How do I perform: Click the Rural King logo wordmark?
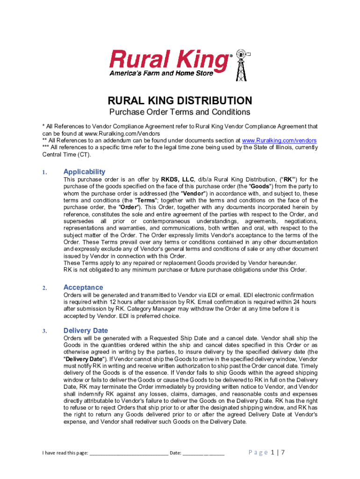click(169, 60)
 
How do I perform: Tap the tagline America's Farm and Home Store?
click(161, 73)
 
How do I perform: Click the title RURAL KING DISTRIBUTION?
click(180, 101)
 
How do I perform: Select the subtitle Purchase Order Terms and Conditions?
click(180, 112)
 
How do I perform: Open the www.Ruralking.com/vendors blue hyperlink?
click(279, 140)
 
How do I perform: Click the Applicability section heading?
click(84, 172)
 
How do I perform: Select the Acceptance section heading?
click(83, 287)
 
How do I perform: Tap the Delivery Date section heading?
click(86, 330)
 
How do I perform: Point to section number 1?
click(44, 173)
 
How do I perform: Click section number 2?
click(44, 288)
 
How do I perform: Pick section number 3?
click(44, 331)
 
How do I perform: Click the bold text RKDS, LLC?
click(178, 180)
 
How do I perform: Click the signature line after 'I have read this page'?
click(129, 453)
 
